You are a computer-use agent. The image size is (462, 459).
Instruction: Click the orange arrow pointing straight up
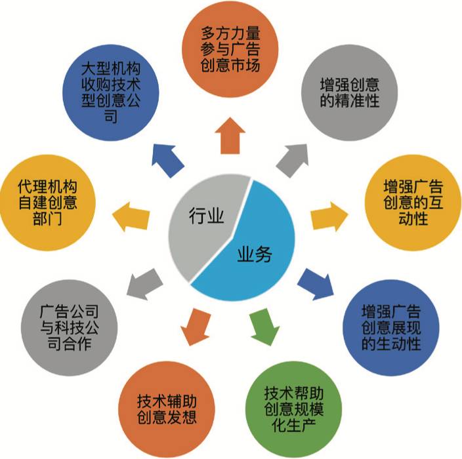[x=232, y=135]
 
